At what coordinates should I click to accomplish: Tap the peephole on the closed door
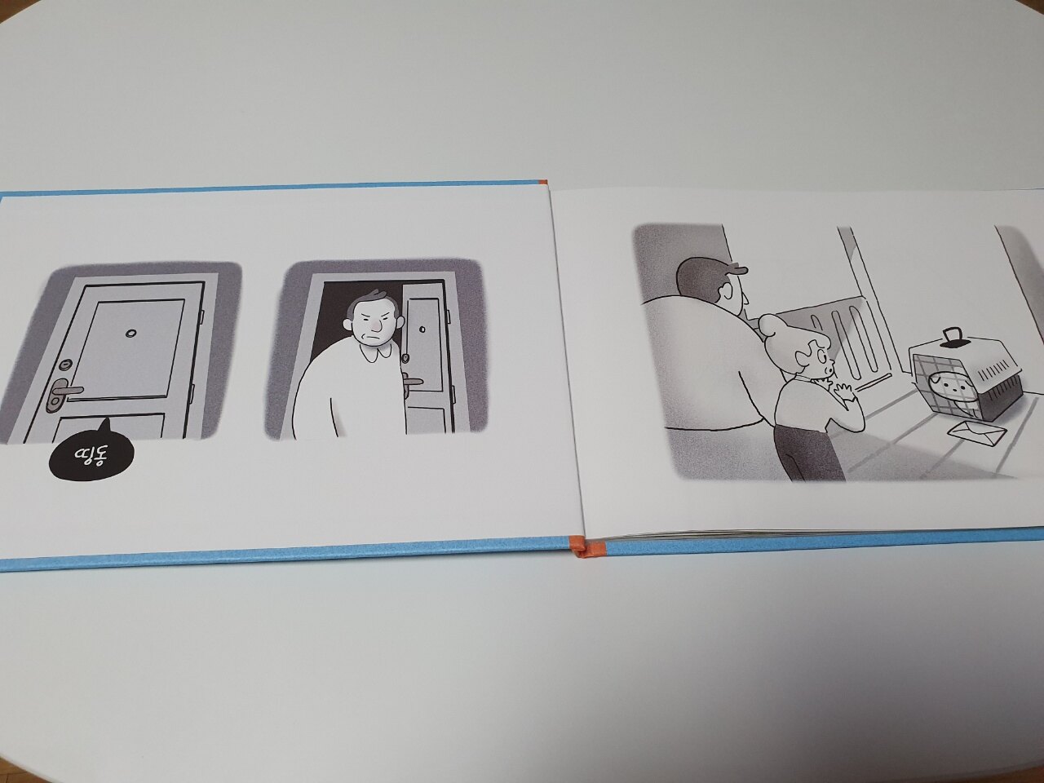coord(130,333)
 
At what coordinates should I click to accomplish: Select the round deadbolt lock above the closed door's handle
coord(65,364)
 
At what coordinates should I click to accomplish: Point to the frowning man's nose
coord(376,325)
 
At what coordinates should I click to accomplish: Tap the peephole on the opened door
coord(422,329)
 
